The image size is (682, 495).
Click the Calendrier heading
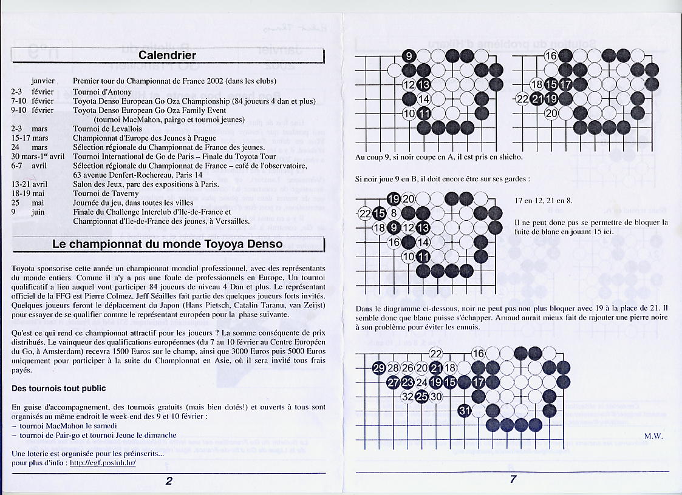(168, 55)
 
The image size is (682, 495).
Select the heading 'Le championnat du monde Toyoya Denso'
(168, 244)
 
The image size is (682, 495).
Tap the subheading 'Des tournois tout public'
(59, 388)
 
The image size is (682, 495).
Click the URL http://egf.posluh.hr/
(103, 462)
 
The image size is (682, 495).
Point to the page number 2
(169, 481)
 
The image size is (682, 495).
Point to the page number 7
(513, 479)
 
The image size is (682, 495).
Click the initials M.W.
(653, 436)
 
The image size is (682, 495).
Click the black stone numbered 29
(379, 368)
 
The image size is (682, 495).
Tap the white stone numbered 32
(408, 397)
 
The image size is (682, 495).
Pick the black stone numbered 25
(422, 397)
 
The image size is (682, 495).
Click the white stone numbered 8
(394, 213)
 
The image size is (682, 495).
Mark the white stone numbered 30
(437, 397)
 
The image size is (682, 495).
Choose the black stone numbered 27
(394, 382)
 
